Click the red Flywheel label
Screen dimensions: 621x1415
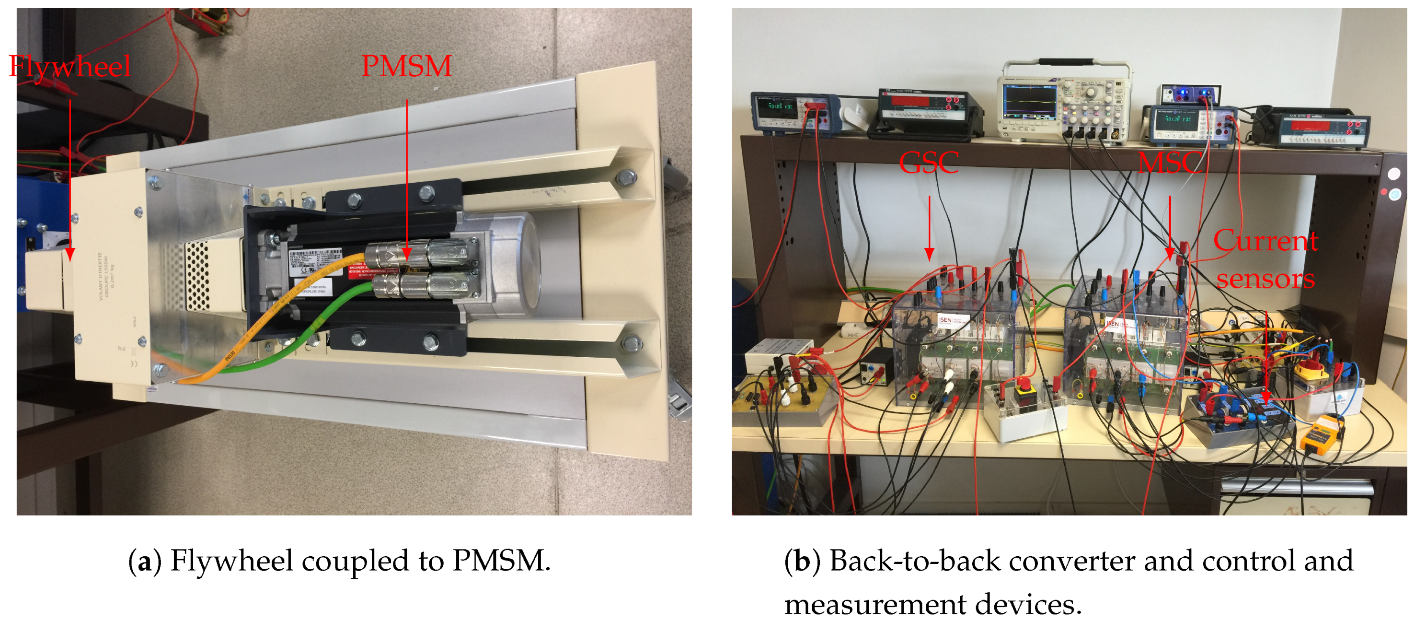click(70, 67)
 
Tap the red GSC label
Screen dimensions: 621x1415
click(928, 163)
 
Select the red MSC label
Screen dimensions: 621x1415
click(1169, 163)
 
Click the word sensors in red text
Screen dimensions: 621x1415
click(1265, 279)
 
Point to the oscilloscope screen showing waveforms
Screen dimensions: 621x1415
click(1030, 101)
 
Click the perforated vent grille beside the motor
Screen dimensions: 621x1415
click(198, 275)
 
